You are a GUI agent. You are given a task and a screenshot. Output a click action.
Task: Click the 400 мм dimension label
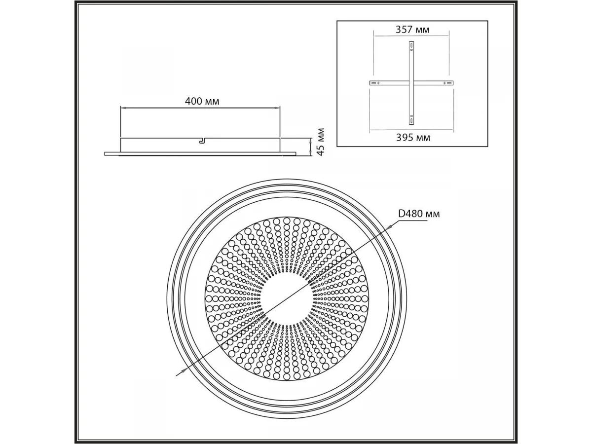tap(202, 101)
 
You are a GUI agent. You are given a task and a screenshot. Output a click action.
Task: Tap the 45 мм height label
tap(320, 142)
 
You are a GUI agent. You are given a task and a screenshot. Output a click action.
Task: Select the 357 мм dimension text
tap(412, 30)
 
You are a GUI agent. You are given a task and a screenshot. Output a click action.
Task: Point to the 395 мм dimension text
tap(413, 138)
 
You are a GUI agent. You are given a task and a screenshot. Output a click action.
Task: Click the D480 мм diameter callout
tap(419, 214)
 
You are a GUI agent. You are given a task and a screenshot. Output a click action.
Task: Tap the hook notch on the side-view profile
tap(202, 141)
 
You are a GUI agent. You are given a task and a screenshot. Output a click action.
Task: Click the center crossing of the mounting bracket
tap(411, 83)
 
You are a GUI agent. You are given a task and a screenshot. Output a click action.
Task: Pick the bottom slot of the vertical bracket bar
tap(411, 119)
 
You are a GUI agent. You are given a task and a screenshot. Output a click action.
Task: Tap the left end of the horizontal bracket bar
tap(370, 83)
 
